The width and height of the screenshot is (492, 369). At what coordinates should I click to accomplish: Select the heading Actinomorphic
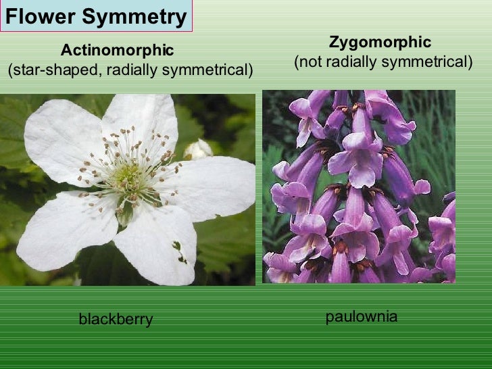[x=117, y=50]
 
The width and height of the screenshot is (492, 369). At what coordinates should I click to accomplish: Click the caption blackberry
[x=116, y=319]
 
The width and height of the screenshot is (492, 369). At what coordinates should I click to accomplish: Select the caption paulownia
[x=361, y=316]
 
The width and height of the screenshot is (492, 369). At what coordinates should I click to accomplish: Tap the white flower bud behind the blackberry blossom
[x=197, y=149]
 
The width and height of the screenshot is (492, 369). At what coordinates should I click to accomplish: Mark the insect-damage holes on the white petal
[x=179, y=251]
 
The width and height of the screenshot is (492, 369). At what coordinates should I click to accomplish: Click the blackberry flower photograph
[x=128, y=189]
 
